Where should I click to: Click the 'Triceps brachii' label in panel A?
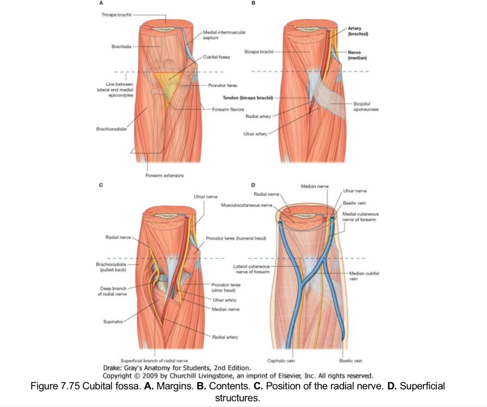[116, 15]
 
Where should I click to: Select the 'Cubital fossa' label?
[216, 57]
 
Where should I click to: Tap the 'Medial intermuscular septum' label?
[224, 35]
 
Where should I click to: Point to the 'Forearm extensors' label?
[164, 175]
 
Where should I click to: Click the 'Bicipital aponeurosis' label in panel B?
[366, 106]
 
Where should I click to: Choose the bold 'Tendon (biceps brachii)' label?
[248, 98]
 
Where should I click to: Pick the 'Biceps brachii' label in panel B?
[259, 52]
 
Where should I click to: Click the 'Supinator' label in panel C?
[113, 322]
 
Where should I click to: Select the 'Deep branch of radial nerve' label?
[112, 291]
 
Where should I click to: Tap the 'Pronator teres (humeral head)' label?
[236, 238]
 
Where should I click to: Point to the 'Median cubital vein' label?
[364, 276]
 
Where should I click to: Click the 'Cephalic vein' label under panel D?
[281, 361]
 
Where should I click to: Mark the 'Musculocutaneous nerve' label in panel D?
[247, 205]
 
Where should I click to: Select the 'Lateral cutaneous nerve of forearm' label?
[251, 269]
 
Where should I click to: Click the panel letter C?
[101, 185]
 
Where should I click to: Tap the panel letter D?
[253, 185]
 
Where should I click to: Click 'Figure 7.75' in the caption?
[55, 386]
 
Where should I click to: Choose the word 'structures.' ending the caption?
[237, 398]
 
